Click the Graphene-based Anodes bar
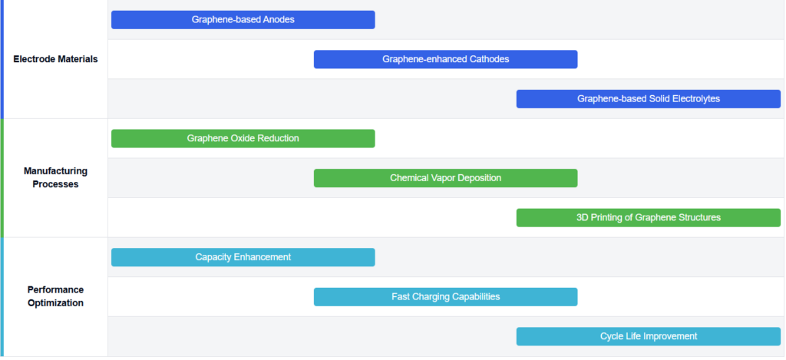[243, 19]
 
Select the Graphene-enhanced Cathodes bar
[446, 59]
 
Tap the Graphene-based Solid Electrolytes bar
[649, 99]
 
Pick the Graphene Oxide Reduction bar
[243, 138]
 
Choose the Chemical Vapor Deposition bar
[446, 178]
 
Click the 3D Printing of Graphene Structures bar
[649, 217]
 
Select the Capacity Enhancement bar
[243, 257]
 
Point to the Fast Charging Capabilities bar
[446, 297]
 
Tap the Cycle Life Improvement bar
[649, 336]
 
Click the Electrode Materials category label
[55, 59]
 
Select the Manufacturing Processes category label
[55, 177]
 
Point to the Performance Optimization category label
[55, 296]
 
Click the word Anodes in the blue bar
[279, 19]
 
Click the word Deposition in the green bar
[479, 178]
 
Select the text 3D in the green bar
[583, 217]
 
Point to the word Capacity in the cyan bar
[213, 257]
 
